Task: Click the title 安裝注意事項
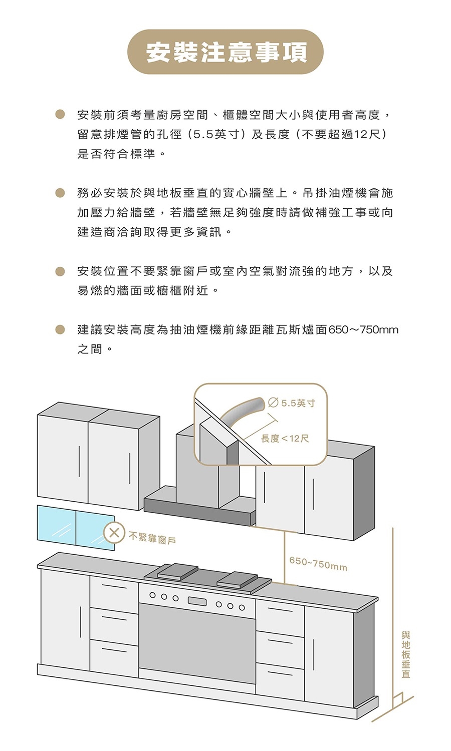(x=225, y=52)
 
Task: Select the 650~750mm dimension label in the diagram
(x=318, y=564)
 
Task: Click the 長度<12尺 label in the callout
(x=285, y=439)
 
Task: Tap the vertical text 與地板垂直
(x=405, y=655)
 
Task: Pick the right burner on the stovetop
(x=238, y=580)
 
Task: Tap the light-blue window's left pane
(x=57, y=524)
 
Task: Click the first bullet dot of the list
(x=60, y=115)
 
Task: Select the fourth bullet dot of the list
(x=60, y=329)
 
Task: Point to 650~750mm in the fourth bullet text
(x=363, y=330)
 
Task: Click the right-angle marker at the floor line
(x=398, y=698)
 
